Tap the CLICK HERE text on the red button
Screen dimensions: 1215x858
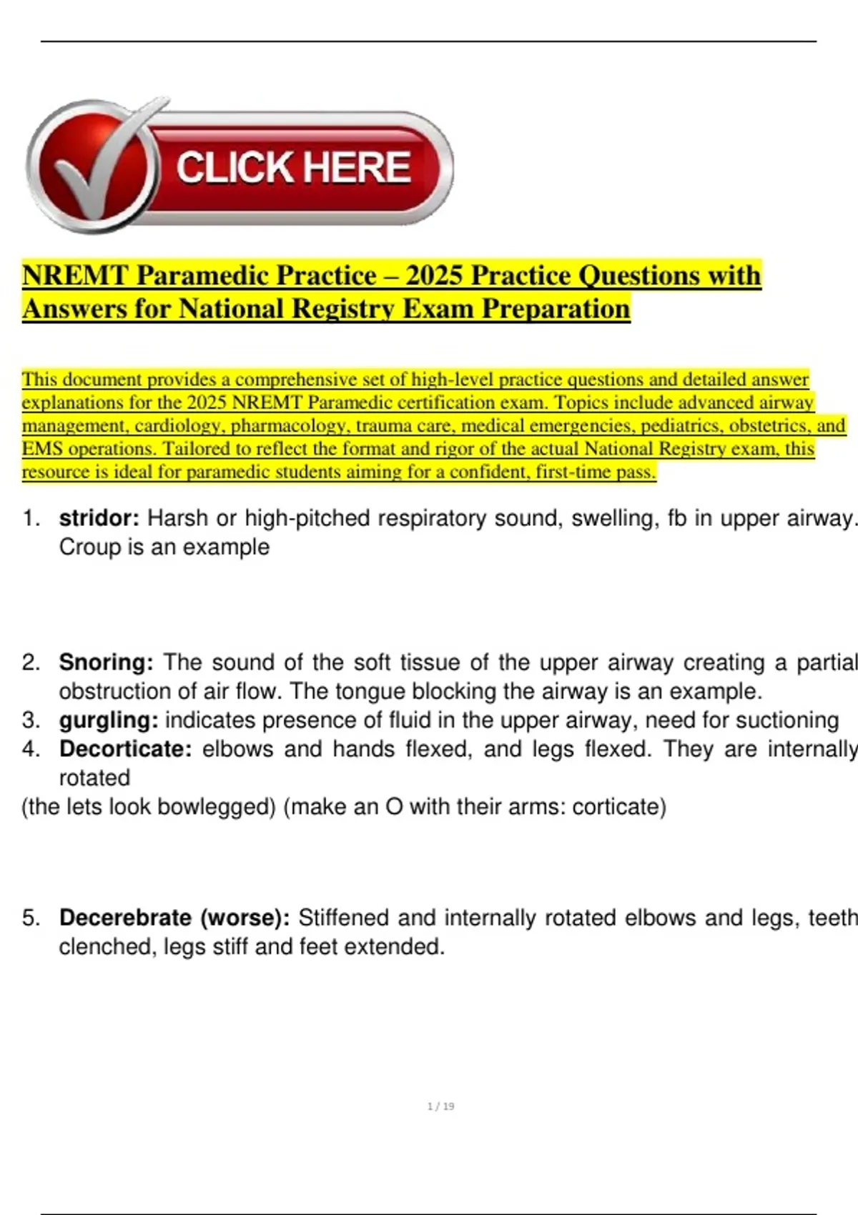[293, 168]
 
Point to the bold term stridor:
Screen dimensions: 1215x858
[99, 518]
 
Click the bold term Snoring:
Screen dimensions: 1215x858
[106, 663]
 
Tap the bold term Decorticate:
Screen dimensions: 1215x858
[125, 749]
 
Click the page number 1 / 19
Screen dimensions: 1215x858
[440, 1106]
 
